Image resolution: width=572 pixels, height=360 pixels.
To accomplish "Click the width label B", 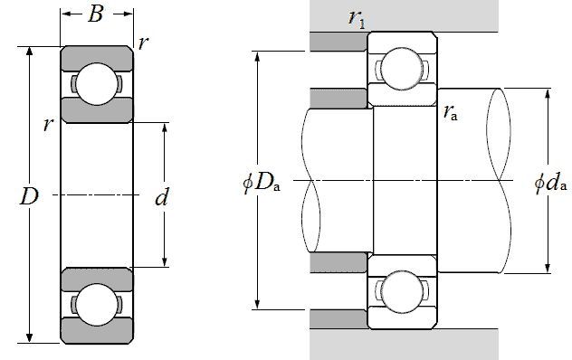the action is [96, 14].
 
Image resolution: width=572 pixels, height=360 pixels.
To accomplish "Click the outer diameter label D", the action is [29, 196].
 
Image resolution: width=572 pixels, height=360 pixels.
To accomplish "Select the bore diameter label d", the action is [162, 197].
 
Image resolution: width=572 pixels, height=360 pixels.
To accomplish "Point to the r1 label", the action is [356, 18].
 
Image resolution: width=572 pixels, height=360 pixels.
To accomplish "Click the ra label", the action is [450, 112].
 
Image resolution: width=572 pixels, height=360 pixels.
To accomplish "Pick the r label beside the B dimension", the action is [143, 43].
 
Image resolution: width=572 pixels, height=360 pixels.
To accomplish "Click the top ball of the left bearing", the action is [97, 84].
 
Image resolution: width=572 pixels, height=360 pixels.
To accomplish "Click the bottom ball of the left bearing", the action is [97, 305].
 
